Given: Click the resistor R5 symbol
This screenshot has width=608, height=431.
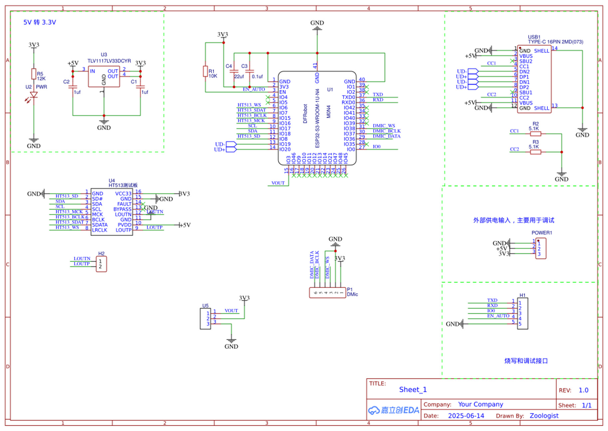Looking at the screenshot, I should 34,74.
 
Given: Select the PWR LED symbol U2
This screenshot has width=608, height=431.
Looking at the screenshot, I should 34,95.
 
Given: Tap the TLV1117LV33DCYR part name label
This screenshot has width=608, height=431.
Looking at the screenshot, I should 109,61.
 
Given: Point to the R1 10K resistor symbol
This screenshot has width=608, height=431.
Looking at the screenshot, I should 205,71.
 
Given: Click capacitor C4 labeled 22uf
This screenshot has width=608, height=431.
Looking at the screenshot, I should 234,71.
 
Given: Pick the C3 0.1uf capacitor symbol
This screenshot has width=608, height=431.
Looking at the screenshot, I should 250,71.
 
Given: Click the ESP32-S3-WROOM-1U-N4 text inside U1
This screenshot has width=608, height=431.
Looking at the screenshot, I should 317,118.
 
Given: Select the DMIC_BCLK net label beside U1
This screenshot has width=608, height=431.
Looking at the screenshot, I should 386,131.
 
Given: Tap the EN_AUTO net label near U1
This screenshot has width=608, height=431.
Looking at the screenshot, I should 254,89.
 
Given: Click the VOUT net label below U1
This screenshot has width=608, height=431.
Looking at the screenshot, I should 278,183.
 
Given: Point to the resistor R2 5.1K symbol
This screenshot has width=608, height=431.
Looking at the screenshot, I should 535,134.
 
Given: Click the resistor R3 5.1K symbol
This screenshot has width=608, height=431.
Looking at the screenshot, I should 535,152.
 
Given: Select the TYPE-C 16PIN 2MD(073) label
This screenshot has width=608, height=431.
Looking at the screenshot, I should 555,42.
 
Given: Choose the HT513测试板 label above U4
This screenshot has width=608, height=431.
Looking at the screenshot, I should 123,185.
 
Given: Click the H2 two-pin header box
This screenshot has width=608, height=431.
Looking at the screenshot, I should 101,264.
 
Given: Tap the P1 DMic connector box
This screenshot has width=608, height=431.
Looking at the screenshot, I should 327,293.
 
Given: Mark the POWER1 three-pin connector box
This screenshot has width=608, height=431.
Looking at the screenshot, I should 541,249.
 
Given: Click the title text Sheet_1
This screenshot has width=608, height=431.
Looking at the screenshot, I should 413,390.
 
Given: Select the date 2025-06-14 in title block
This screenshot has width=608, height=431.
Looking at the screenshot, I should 466,416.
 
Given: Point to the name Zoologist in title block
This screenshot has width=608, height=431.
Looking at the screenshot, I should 544,416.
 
